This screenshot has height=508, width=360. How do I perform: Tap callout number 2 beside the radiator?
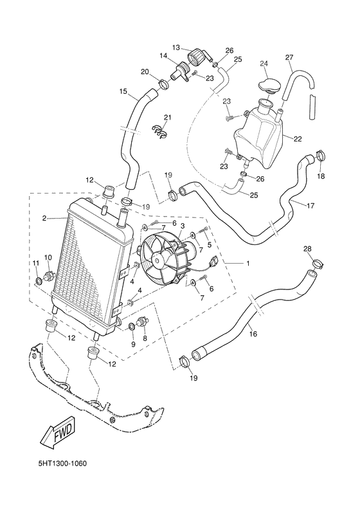(x=45, y=219)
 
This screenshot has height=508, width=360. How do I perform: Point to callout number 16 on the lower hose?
(x=253, y=334)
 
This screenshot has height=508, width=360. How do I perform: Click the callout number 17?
(x=311, y=206)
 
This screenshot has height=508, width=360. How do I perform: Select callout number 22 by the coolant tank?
(x=297, y=138)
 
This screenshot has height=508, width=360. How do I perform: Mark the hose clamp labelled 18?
(x=320, y=157)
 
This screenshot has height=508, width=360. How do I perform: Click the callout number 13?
(x=175, y=47)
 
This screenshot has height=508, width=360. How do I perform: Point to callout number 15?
(x=123, y=91)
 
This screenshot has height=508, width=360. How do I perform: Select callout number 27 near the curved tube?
(x=289, y=57)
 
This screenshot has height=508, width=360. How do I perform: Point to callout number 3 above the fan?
(x=183, y=226)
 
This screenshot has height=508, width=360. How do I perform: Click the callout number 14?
(x=163, y=57)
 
